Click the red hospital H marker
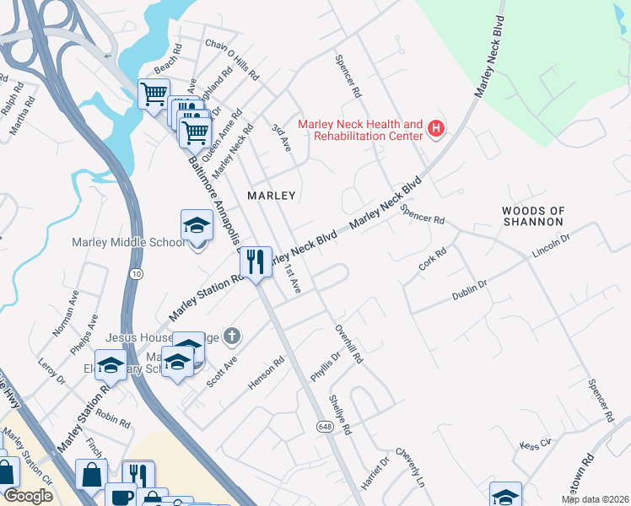point(436,129)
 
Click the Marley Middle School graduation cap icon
point(197,225)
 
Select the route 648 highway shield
point(325,428)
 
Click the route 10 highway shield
point(136,274)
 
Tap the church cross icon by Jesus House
point(233,337)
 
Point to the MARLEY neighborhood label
point(271,196)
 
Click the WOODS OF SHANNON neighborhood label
point(532,216)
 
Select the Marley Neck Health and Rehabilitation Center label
point(368,129)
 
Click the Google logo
point(29,497)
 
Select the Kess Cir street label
point(535,444)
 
